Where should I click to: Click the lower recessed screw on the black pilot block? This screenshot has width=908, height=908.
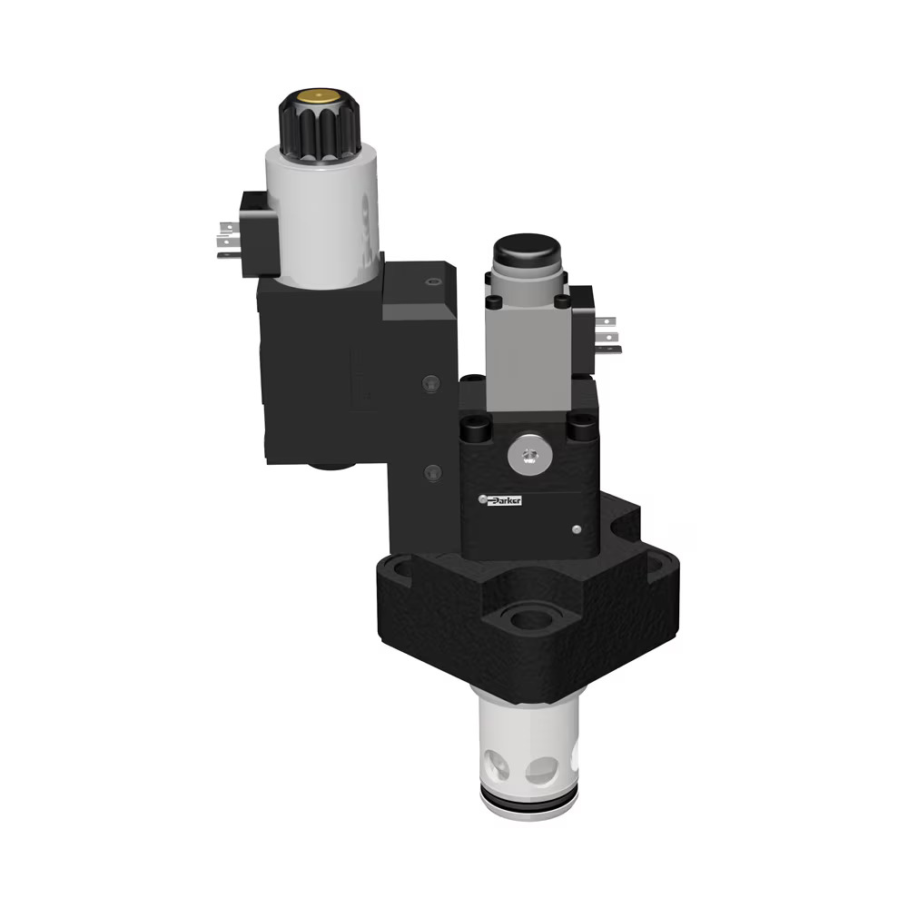(x=433, y=470)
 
